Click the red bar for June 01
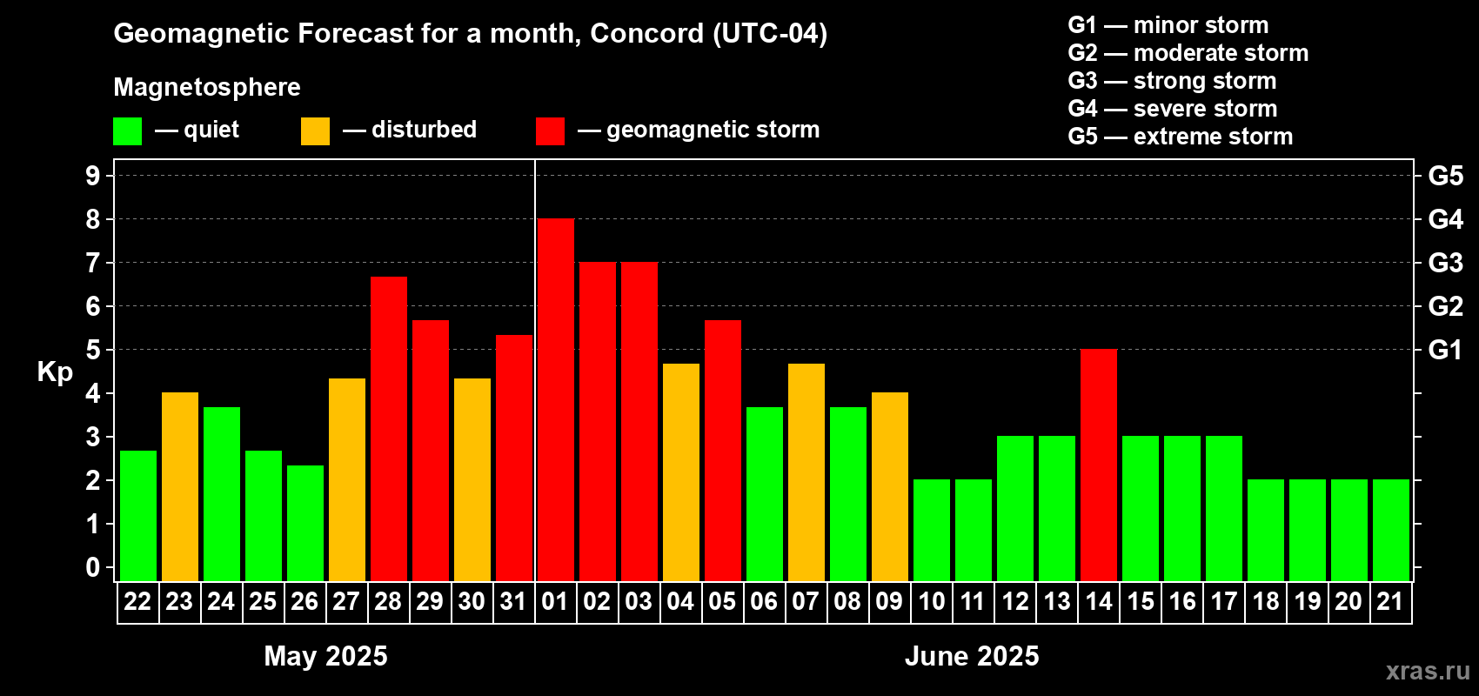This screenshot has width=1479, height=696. [x=555, y=399]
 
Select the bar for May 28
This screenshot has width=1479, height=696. [x=388, y=429]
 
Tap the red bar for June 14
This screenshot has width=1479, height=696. [x=1099, y=465]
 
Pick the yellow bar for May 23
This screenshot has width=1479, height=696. [x=179, y=486]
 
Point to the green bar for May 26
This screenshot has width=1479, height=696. [x=305, y=523]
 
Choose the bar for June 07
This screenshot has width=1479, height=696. [x=806, y=472]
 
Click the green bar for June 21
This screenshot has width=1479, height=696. [x=1390, y=530]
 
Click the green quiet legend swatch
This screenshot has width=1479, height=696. [x=127, y=130]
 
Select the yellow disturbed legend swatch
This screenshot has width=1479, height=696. [x=315, y=130]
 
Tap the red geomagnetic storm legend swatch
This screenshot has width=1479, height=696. [x=550, y=130]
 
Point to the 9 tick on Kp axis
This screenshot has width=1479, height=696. [x=92, y=176]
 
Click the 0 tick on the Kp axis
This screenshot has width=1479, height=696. [x=92, y=567]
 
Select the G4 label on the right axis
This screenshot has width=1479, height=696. [x=1445, y=219]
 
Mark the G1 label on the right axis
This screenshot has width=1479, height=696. [x=1445, y=350]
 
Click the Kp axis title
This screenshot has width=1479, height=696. [x=55, y=372]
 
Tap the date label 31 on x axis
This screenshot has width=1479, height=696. [x=513, y=601]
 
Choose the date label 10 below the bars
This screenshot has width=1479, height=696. [x=931, y=601]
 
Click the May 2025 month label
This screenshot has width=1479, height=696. [x=325, y=656]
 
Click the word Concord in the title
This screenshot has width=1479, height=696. [x=646, y=33]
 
